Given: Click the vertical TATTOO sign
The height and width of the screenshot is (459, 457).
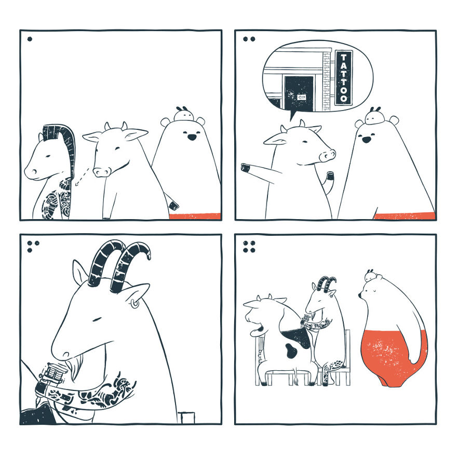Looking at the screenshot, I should [x=343, y=77].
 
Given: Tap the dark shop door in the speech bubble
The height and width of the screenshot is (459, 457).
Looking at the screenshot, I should [x=299, y=93].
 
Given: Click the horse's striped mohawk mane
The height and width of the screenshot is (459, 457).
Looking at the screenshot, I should [x=63, y=148].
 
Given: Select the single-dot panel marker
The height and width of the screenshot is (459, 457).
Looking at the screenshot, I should [x=30, y=38].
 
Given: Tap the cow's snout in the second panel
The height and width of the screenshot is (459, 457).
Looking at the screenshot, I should [x=328, y=155].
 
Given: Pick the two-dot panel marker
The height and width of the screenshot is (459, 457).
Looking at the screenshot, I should [x=248, y=38].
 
